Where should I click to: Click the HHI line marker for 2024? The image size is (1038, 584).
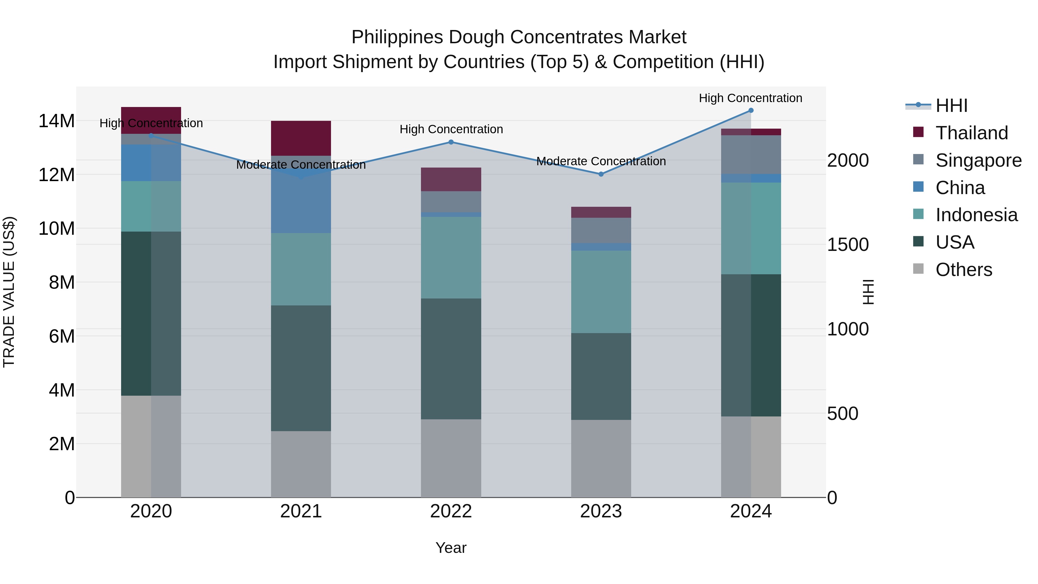[x=751, y=110]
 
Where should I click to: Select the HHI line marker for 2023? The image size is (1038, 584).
[x=601, y=174]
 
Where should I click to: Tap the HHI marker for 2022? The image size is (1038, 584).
[x=451, y=142]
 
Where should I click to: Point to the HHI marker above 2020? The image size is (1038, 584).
[x=151, y=136]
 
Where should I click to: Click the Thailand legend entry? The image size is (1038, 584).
[x=971, y=133]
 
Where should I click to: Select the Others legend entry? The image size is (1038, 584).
[x=963, y=269]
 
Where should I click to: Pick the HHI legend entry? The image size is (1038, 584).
[x=951, y=106]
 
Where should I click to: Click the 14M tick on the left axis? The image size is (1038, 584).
[x=57, y=121]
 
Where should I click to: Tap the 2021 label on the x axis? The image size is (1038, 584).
[x=301, y=511]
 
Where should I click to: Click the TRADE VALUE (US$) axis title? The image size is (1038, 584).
[x=9, y=292]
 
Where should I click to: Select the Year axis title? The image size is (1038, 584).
[x=451, y=548]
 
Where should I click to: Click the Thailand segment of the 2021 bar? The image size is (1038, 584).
[x=301, y=138]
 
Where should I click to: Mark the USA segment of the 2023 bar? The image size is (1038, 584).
[x=601, y=376]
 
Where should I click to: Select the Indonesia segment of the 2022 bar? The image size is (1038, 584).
[x=451, y=258]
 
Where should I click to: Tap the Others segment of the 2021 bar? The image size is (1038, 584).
[x=301, y=464]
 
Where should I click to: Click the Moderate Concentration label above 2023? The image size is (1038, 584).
[x=601, y=161]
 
